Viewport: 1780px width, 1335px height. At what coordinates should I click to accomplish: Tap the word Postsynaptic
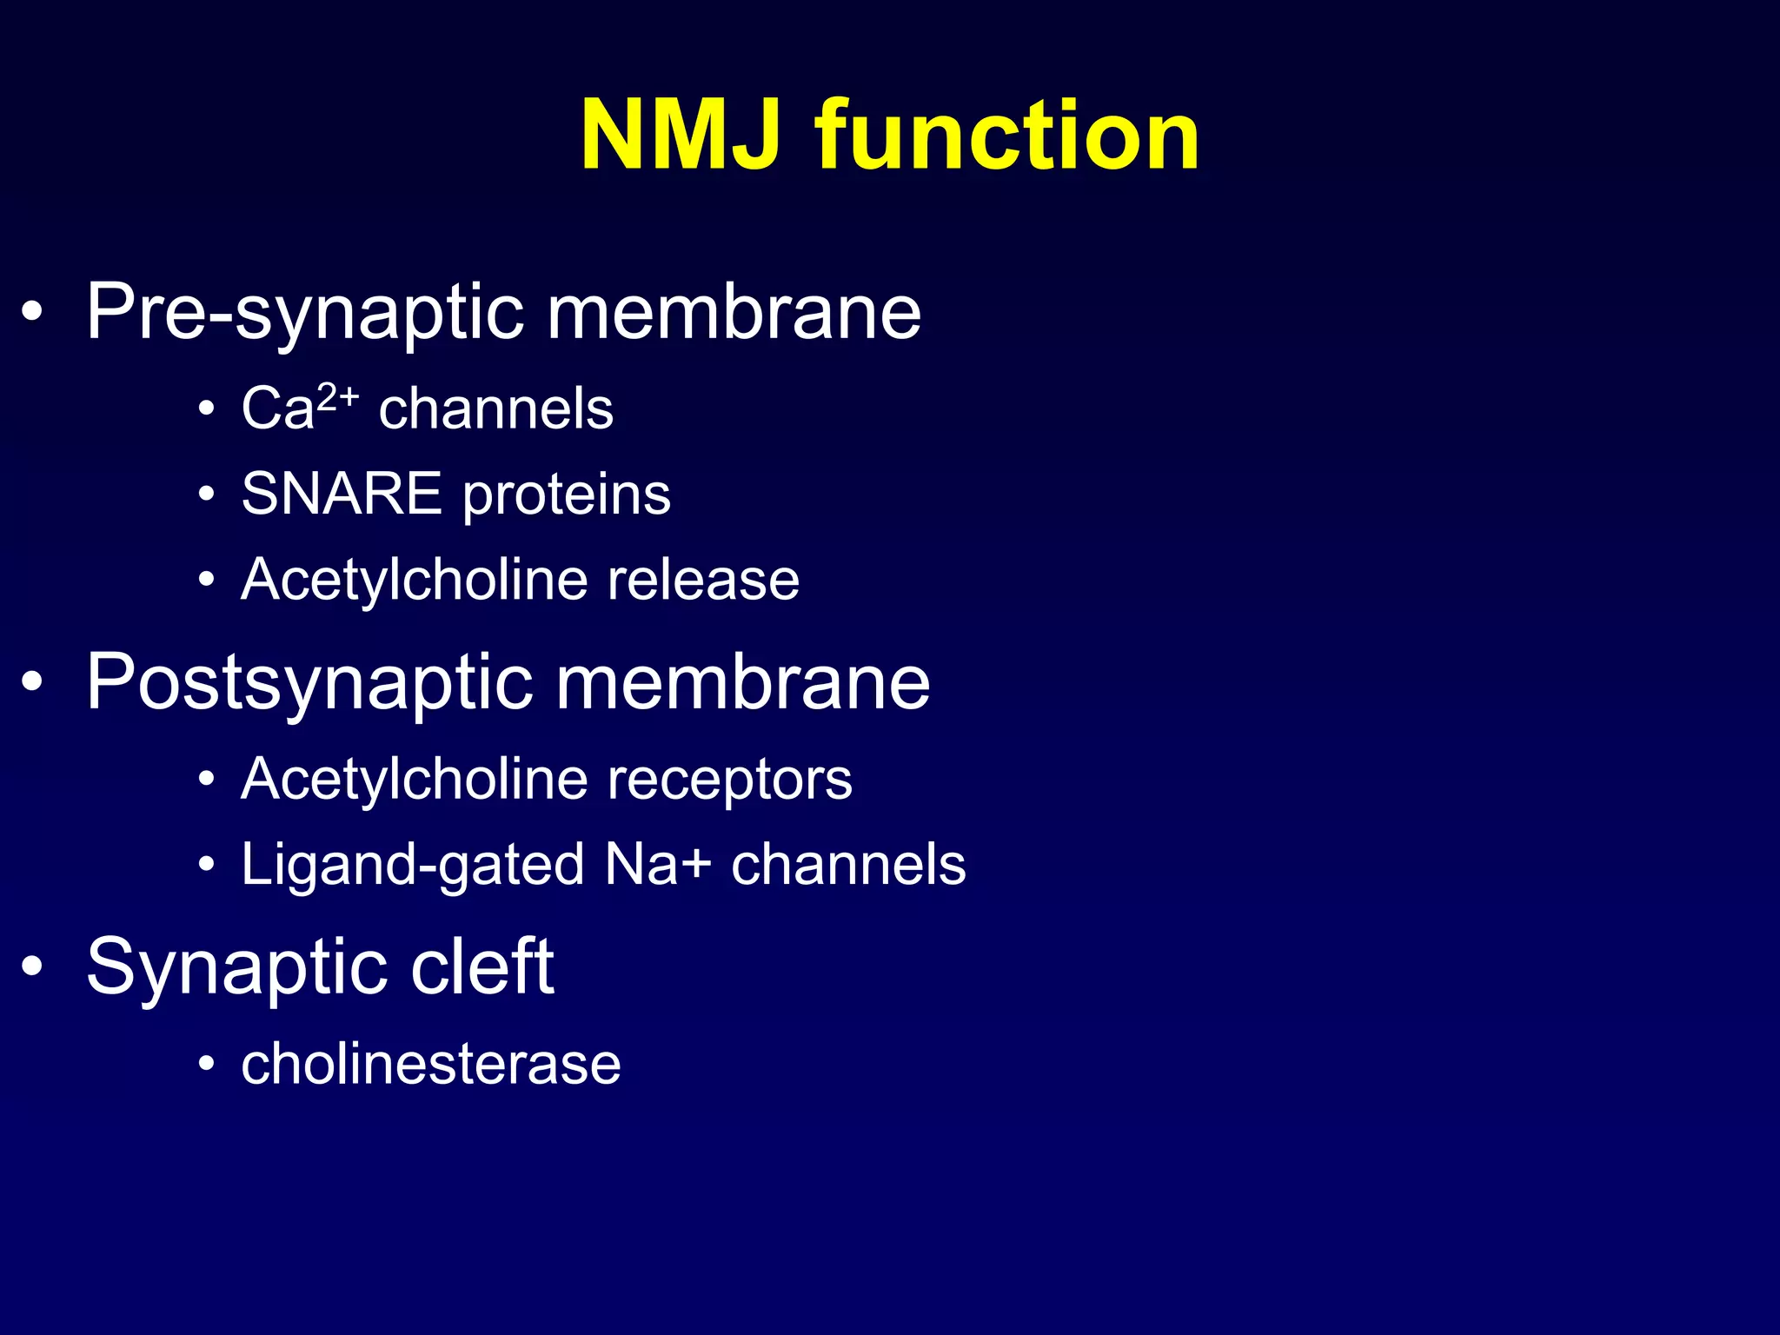point(309,683)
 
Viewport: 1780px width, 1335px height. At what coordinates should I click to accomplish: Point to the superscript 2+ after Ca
point(338,397)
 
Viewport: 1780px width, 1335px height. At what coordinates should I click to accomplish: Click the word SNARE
point(342,494)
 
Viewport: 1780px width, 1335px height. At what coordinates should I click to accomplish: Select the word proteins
point(566,495)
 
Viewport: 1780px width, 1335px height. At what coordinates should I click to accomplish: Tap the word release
point(703,580)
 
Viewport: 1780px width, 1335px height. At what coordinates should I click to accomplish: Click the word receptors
point(729,780)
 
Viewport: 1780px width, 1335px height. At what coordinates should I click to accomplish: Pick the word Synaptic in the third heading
point(236,968)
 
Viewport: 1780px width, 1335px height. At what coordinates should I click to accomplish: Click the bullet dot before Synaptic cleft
point(32,966)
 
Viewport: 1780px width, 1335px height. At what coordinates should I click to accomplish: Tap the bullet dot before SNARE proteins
point(206,495)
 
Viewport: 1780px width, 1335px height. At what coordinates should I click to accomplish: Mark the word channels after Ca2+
point(495,408)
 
